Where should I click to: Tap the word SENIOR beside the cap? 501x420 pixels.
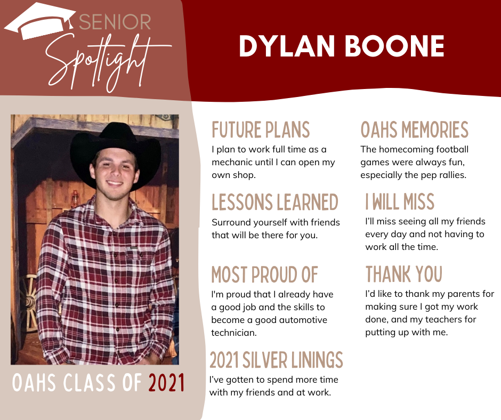click(x=115, y=22)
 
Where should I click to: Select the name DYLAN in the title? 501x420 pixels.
click(x=287, y=46)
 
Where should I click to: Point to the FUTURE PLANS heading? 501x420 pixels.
click(x=261, y=130)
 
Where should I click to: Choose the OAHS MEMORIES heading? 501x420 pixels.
click(x=415, y=130)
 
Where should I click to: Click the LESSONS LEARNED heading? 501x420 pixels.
click(x=275, y=202)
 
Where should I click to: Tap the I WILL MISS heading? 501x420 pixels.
click(x=400, y=201)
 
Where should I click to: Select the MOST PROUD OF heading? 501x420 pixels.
click(x=264, y=274)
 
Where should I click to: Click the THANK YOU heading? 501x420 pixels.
click(x=404, y=274)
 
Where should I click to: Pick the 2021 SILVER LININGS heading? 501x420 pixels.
click(x=276, y=360)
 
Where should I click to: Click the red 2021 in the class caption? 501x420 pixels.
click(x=166, y=383)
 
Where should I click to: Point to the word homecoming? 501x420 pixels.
click(x=406, y=149)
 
